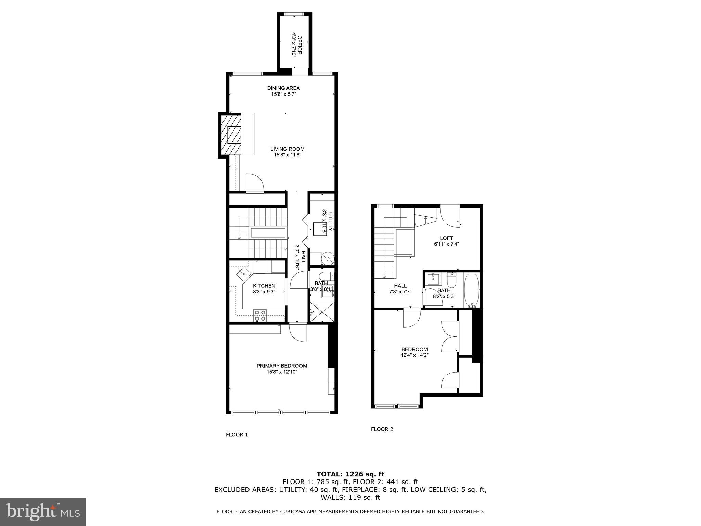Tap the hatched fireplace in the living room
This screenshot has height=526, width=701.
point(231,135)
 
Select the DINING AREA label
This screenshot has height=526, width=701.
point(283,88)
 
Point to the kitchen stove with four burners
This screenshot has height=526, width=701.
point(260,315)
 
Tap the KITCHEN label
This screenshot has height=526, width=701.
point(264,286)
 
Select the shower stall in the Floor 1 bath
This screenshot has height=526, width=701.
point(322,312)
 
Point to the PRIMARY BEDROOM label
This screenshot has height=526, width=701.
point(282,366)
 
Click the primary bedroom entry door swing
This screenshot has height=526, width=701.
point(298,333)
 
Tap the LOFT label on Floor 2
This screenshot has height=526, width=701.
point(446,238)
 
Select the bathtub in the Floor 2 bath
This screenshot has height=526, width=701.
point(472,290)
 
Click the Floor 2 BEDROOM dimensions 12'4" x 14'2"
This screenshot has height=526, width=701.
point(415,355)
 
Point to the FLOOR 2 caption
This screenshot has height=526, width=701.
point(382,429)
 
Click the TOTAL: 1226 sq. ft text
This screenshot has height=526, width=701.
point(350,474)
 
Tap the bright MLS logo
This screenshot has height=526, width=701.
point(43,512)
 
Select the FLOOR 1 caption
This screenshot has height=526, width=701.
point(237,435)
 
